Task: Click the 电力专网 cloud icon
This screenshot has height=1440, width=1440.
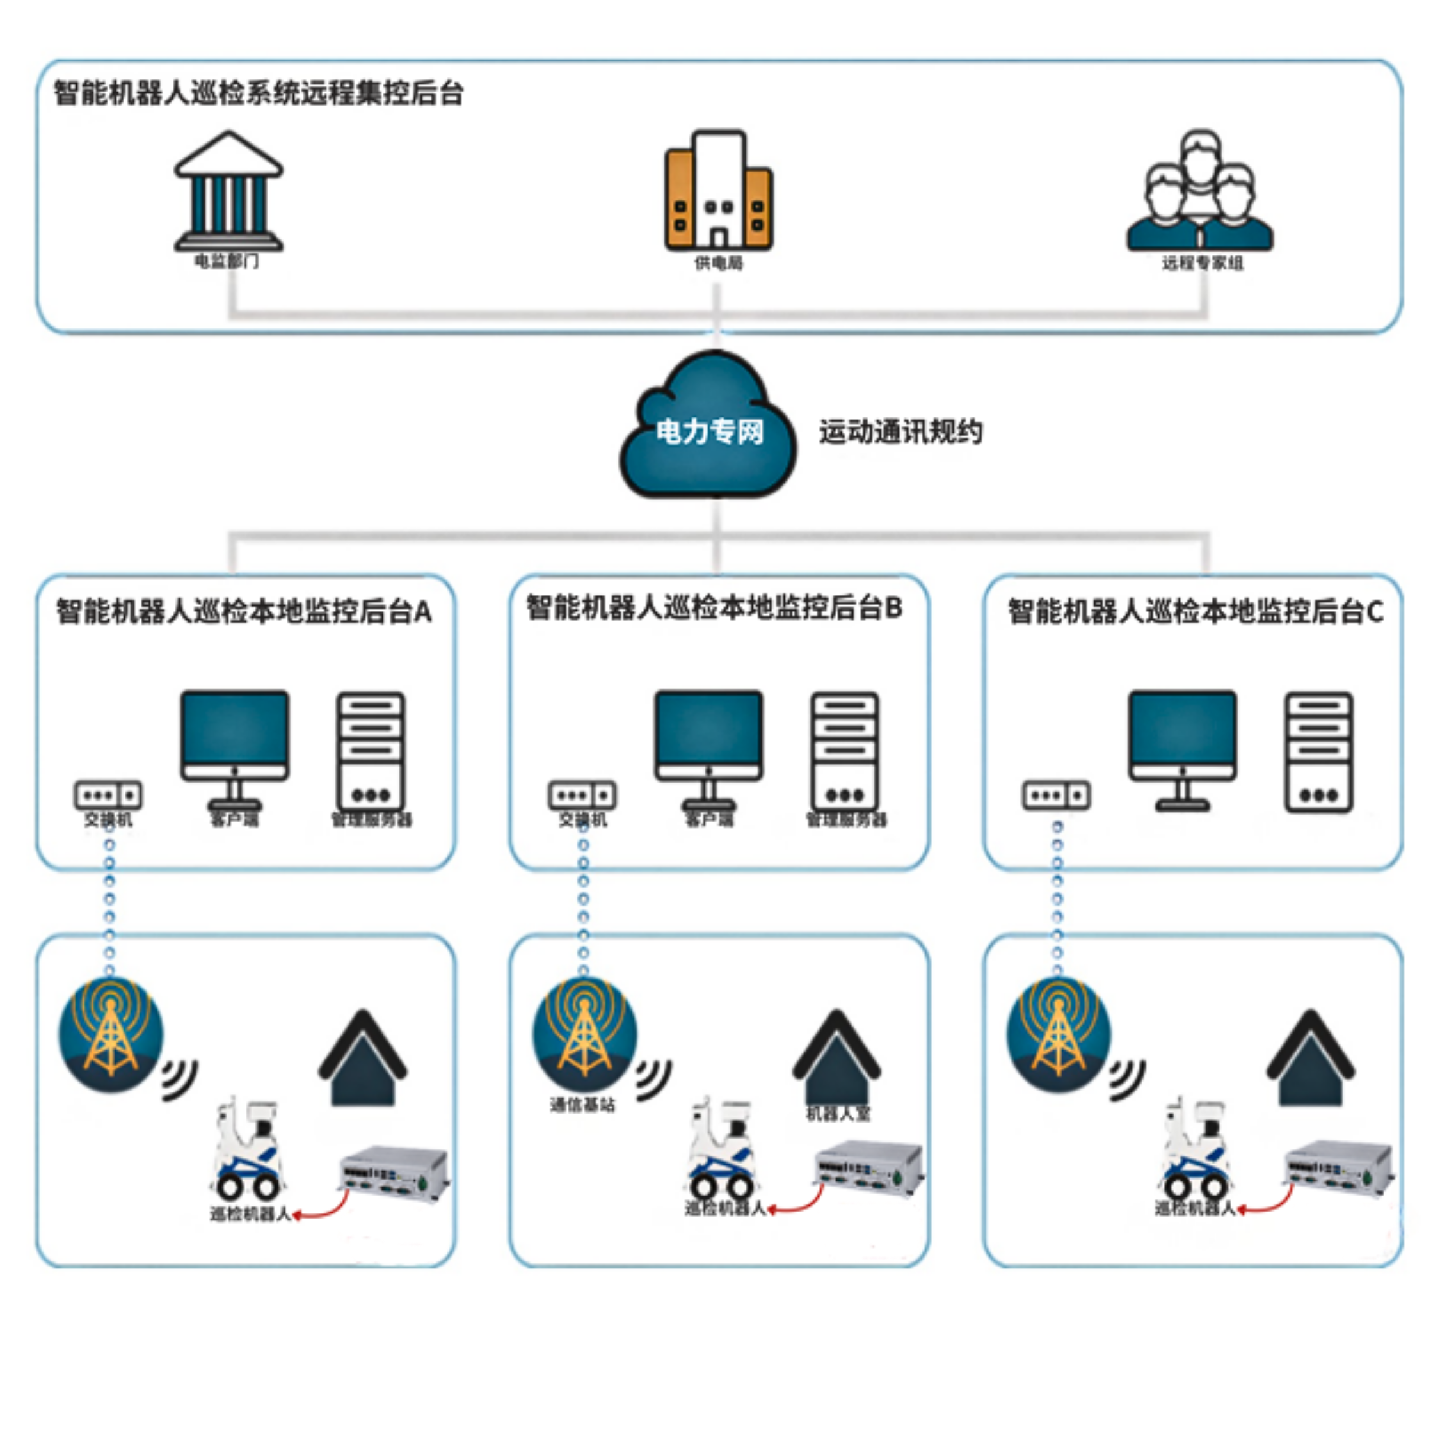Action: pyautogui.click(x=708, y=429)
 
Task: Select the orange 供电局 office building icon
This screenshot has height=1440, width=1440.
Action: pyautogui.click(x=719, y=191)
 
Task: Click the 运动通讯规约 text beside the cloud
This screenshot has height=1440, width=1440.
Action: pyautogui.click(x=900, y=431)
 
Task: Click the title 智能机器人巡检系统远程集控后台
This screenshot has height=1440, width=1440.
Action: pyautogui.click(x=259, y=94)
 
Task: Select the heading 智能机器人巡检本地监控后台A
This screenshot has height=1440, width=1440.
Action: pyautogui.click(x=244, y=611)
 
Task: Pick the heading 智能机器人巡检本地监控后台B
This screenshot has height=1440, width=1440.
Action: pyautogui.click(x=714, y=608)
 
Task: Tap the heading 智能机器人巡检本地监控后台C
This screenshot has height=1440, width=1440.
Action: pyautogui.click(x=1195, y=611)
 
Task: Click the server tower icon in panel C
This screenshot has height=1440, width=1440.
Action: pyautogui.click(x=1318, y=751)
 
